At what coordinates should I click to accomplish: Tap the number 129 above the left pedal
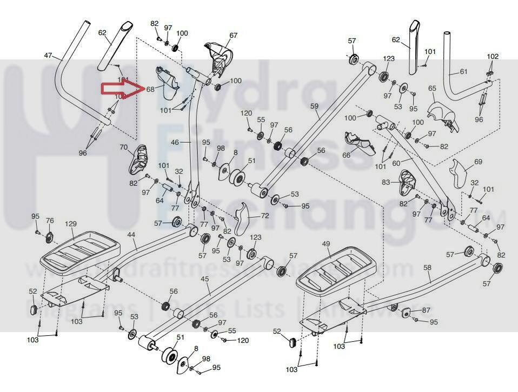(x=71, y=224)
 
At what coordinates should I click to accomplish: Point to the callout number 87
(x=426, y=310)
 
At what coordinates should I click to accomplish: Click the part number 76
(x=50, y=221)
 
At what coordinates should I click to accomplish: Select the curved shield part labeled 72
(x=244, y=216)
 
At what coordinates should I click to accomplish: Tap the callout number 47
(x=49, y=56)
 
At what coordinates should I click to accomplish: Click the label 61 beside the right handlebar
(x=463, y=71)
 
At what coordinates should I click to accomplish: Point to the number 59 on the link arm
(x=315, y=107)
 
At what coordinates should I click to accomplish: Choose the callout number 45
(x=204, y=278)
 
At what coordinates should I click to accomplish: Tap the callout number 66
(x=346, y=155)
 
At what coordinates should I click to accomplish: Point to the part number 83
(x=386, y=183)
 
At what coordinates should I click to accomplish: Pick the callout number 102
(x=493, y=56)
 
